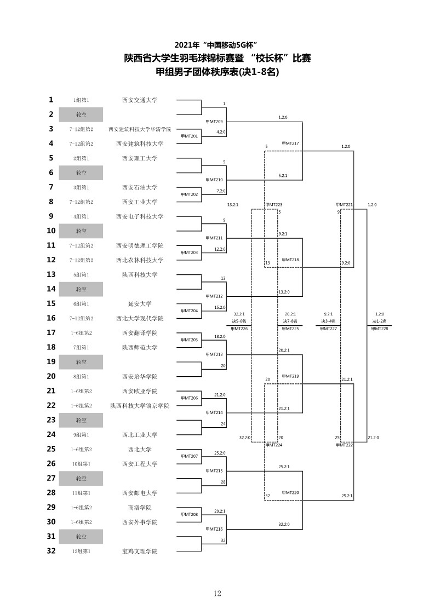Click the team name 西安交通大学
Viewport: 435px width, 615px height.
[140, 100]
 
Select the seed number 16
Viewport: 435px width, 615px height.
[51, 318]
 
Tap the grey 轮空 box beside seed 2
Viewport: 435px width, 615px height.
[81, 114]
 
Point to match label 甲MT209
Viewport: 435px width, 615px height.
[214, 122]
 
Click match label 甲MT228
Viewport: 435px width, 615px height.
[379, 329]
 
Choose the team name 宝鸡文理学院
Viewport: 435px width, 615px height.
[140, 551]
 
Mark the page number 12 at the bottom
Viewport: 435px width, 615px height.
[218, 594]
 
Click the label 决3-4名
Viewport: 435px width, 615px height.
[328, 321]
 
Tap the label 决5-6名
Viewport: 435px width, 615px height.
[239, 321]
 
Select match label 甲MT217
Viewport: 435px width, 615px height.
[290, 143]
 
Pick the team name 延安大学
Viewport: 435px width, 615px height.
[140, 304]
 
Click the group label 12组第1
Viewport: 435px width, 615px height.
[81, 551]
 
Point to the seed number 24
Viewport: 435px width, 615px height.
[51, 435]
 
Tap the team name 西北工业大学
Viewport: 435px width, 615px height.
[140, 435]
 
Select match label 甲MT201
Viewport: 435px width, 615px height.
[189, 136]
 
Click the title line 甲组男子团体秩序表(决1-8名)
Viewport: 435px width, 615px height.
[218, 72]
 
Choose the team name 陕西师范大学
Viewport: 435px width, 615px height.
[140, 348]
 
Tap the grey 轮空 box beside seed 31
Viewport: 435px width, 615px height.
[81, 537]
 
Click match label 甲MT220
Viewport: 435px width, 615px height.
[290, 493]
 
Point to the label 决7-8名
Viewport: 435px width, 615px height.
[290, 321]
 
